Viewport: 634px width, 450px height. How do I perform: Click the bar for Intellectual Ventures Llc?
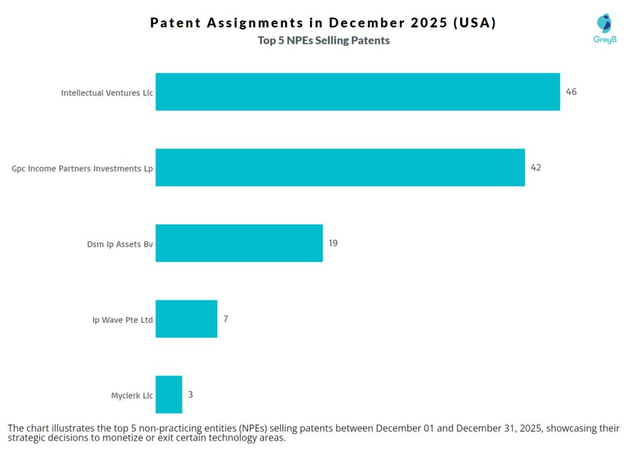(357, 92)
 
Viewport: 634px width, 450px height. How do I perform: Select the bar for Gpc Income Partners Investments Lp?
(340, 168)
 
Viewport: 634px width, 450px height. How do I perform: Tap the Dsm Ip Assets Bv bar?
(239, 243)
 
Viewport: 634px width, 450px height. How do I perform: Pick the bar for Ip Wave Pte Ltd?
(186, 319)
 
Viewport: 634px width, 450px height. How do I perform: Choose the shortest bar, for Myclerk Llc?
(168, 394)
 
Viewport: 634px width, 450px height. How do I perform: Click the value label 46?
(571, 92)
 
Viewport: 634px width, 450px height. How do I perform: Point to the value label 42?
(536, 167)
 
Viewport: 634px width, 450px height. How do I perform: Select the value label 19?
(333, 243)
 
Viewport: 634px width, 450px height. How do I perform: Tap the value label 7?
(226, 318)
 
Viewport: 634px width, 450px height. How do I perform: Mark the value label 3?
(191, 394)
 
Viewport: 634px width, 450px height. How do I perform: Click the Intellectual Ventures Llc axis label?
(106, 93)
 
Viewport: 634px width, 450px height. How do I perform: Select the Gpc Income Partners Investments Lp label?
(82, 168)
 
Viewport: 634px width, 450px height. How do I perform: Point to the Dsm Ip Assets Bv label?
(120, 244)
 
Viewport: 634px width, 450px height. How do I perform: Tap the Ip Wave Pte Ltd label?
(123, 320)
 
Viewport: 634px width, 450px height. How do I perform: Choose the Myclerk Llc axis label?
(131, 396)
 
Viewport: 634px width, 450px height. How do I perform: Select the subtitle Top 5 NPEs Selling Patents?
(323, 41)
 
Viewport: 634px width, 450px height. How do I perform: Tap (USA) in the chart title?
(474, 24)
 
